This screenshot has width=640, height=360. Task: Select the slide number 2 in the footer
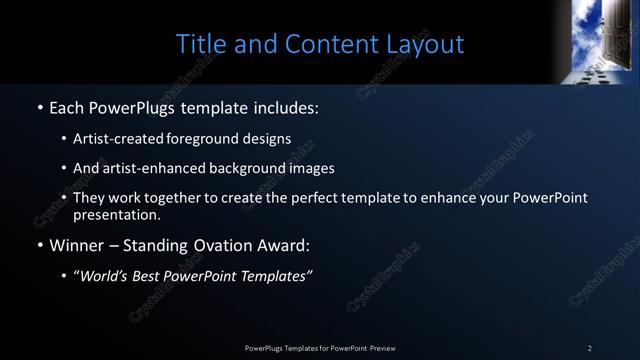point(590,348)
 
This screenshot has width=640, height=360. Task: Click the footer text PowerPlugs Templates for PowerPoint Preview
point(320,348)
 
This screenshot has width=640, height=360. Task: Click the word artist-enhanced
point(151,168)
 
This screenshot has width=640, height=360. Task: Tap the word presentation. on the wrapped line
point(116,214)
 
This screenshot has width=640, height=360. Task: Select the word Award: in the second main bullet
point(285,244)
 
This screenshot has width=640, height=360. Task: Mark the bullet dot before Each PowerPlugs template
point(39,107)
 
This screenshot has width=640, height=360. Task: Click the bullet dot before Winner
point(39,245)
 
